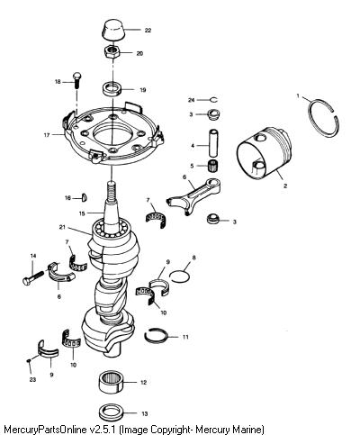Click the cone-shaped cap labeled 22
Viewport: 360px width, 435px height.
112,30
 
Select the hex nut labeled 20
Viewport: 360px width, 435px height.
112,52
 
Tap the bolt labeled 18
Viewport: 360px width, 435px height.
76,80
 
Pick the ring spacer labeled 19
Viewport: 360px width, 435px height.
112,89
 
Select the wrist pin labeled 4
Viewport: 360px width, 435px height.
213,143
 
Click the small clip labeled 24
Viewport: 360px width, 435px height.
214,100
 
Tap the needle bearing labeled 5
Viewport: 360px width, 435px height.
212,166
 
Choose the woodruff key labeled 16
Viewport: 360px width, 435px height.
85,197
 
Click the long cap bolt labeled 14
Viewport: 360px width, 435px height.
34,276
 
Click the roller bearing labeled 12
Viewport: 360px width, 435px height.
112,382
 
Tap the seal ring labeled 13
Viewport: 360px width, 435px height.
111,413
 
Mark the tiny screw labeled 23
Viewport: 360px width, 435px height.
29,360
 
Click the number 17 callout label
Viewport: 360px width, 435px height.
47,135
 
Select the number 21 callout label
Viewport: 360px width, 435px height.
62,227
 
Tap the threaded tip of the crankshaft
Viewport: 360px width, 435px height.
111,190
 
